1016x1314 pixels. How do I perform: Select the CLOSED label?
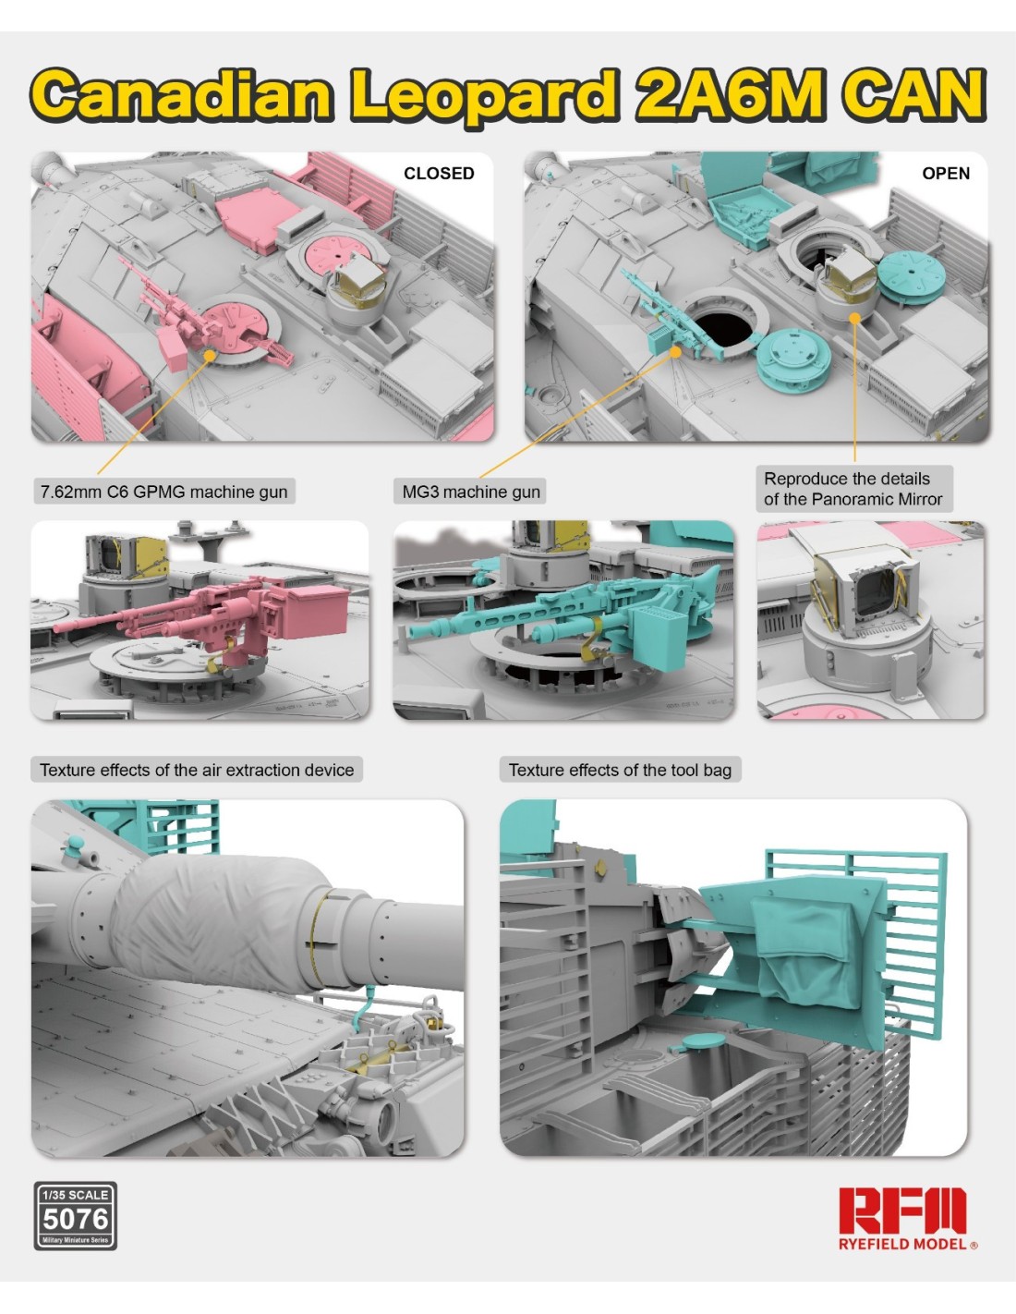coord(439,174)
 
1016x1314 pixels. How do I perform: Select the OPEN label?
coord(946,174)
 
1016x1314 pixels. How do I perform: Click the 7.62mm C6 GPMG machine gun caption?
coord(163,492)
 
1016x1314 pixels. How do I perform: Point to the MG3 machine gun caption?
coord(471,492)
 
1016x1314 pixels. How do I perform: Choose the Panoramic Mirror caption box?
coord(853,489)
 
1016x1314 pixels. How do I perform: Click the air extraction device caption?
coord(197,770)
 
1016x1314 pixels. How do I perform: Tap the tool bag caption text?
coord(620,770)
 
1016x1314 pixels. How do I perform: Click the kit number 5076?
coord(76,1219)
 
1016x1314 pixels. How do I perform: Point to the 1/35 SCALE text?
coord(76,1195)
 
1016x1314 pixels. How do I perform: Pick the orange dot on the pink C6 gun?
coord(210,355)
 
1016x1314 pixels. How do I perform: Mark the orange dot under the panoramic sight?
coord(854,318)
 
